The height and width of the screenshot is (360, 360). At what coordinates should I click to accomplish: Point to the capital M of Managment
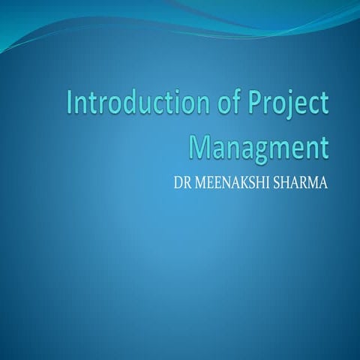pyautogui.click(x=199, y=145)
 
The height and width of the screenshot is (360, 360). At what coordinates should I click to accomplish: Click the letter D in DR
pyautogui.click(x=177, y=181)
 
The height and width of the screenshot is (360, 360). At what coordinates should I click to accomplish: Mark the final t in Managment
pyautogui.click(x=324, y=146)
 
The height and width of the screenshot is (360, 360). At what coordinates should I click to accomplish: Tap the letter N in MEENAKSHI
pyautogui.click(x=226, y=181)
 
